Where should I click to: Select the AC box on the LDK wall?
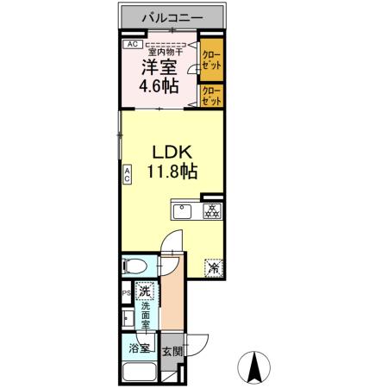coord(126,175)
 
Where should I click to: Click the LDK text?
coord(171,150)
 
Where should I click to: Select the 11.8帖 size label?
coord(171,172)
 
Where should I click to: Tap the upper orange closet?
coord(210,59)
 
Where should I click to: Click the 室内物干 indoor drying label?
coord(166,49)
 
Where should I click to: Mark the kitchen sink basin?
coord(185,210)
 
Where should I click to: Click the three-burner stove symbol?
coord(210,210)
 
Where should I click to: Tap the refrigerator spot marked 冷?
coord(212,267)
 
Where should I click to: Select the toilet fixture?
coord(136,266)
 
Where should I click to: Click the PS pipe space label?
coord(126,292)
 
